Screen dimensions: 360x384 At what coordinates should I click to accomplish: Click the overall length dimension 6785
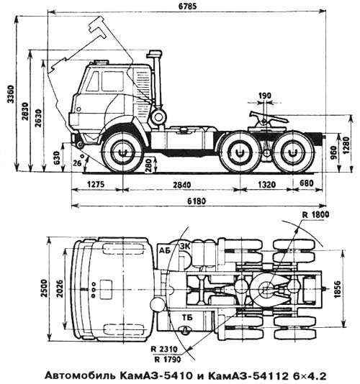pos(187,6)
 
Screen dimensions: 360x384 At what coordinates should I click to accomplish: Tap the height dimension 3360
pos(11,93)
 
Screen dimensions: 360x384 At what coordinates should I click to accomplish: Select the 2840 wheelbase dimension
pos(181,184)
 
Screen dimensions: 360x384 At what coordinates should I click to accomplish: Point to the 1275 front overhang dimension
pos(96,184)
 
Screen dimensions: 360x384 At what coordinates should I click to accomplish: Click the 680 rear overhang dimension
pos(307,183)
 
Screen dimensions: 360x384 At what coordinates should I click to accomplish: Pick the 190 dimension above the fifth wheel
pos(265,96)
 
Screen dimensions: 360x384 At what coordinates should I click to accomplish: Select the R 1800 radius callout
pos(315,215)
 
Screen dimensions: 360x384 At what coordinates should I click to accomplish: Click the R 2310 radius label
pos(164,349)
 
